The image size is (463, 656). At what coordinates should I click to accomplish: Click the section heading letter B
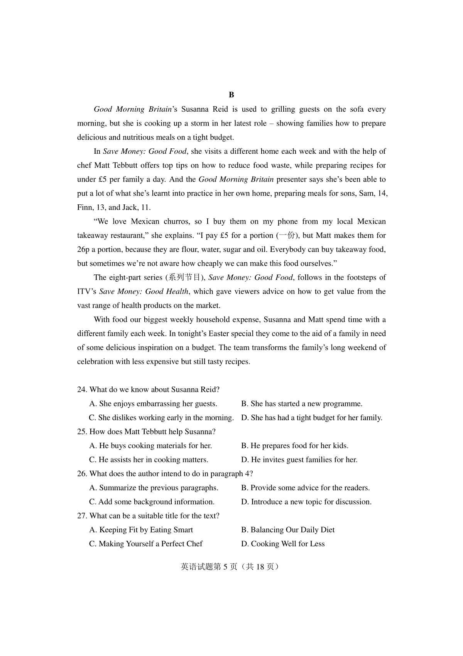point(231,95)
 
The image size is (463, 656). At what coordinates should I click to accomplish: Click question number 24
point(82,389)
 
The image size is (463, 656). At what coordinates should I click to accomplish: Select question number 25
point(82,432)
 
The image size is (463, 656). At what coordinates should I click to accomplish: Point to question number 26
point(82,474)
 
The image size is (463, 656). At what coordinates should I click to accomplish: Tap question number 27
point(82,516)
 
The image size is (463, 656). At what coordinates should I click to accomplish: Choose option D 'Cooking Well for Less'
point(283,544)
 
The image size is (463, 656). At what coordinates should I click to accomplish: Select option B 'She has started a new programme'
point(302,404)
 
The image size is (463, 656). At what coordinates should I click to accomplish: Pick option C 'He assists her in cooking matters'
point(149,460)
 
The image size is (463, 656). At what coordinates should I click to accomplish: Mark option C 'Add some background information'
point(152,502)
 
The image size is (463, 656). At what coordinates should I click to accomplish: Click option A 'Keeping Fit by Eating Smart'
point(141,530)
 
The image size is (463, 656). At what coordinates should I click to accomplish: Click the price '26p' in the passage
point(83,250)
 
